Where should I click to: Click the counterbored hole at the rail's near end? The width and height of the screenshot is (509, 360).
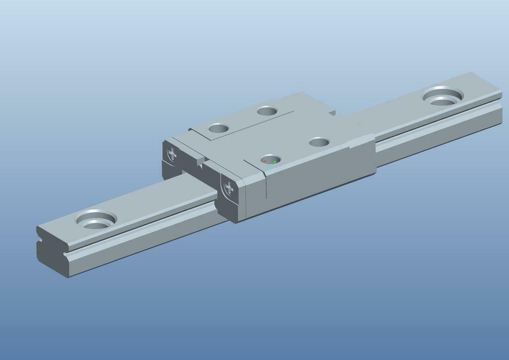(96, 220)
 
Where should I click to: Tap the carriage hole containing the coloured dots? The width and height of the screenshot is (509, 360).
(270, 160)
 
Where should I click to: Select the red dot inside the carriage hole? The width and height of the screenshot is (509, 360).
(265, 161)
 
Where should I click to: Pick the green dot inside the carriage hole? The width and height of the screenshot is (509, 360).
(275, 162)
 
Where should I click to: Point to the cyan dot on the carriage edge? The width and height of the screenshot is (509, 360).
(269, 170)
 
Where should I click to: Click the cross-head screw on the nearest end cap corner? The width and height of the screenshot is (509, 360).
(229, 188)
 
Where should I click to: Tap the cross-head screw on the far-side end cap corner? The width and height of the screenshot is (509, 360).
(172, 154)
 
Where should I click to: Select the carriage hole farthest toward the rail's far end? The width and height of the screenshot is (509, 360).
(319, 142)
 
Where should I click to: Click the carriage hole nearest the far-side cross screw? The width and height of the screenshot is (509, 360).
(218, 128)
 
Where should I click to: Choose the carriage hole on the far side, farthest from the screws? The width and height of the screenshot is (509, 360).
(267, 110)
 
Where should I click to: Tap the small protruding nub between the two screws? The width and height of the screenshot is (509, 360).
(200, 160)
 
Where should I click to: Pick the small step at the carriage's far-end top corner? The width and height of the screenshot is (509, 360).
(332, 112)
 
